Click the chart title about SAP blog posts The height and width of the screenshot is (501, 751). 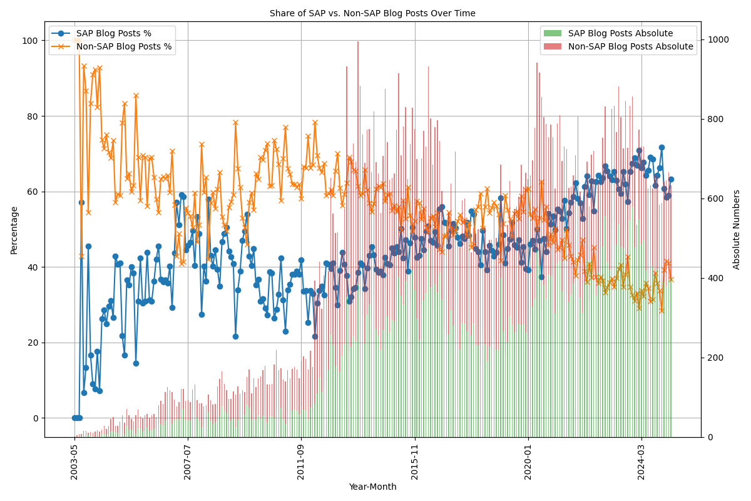pos(372,13)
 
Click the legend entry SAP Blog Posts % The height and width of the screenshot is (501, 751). pos(113,33)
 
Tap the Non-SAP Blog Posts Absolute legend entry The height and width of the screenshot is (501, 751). pos(630,46)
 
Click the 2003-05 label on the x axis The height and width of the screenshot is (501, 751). pos(74,463)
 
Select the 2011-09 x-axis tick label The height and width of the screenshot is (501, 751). pos(301,463)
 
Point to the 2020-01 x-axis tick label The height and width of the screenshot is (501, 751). pos(528,463)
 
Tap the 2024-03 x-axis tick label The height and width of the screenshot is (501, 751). pos(641,463)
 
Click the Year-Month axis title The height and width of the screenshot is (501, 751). pos(372,487)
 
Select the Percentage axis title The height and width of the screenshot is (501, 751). pos(14,230)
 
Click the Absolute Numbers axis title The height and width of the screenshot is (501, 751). pos(737,230)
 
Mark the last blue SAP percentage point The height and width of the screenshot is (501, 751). pos(671,179)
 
